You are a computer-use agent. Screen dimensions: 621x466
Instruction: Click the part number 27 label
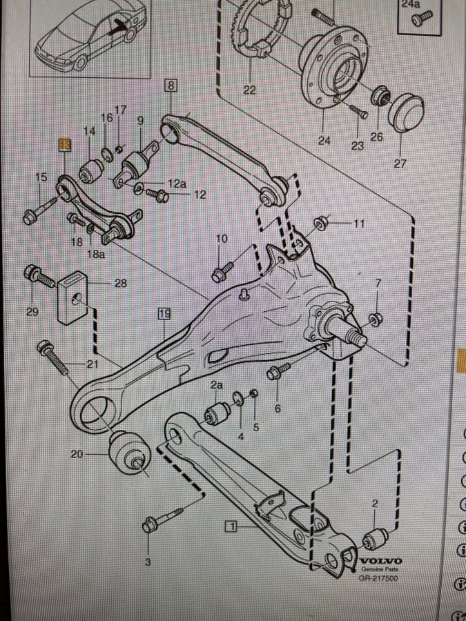point(400,164)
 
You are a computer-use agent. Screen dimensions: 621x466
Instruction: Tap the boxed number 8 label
point(171,86)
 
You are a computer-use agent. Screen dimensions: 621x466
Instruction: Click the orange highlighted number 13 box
point(64,144)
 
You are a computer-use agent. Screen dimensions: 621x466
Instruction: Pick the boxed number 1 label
point(231,526)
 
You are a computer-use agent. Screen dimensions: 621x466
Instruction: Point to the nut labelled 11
point(321,224)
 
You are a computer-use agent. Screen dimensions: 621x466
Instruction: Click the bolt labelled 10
point(222,270)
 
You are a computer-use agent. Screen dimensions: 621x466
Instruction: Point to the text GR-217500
point(377,578)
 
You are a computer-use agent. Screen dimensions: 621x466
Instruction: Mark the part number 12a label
point(178,184)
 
